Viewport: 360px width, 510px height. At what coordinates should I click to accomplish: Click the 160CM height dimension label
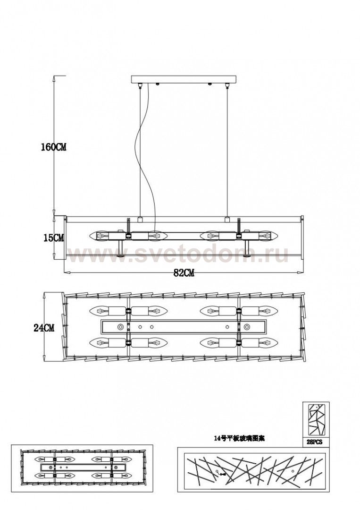(x=53, y=147)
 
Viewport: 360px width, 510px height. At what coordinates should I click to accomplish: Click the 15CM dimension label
(x=52, y=238)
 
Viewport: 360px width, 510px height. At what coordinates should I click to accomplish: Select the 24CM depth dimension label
(x=43, y=328)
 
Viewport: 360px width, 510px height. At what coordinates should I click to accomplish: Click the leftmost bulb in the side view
(x=103, y=235)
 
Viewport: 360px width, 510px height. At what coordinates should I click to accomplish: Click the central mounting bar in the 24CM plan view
(x=184, y=326)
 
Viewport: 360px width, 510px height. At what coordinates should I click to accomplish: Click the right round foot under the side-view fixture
(x=247, y=255)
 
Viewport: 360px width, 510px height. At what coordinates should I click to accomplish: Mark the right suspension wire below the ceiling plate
(x=228, y=151)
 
